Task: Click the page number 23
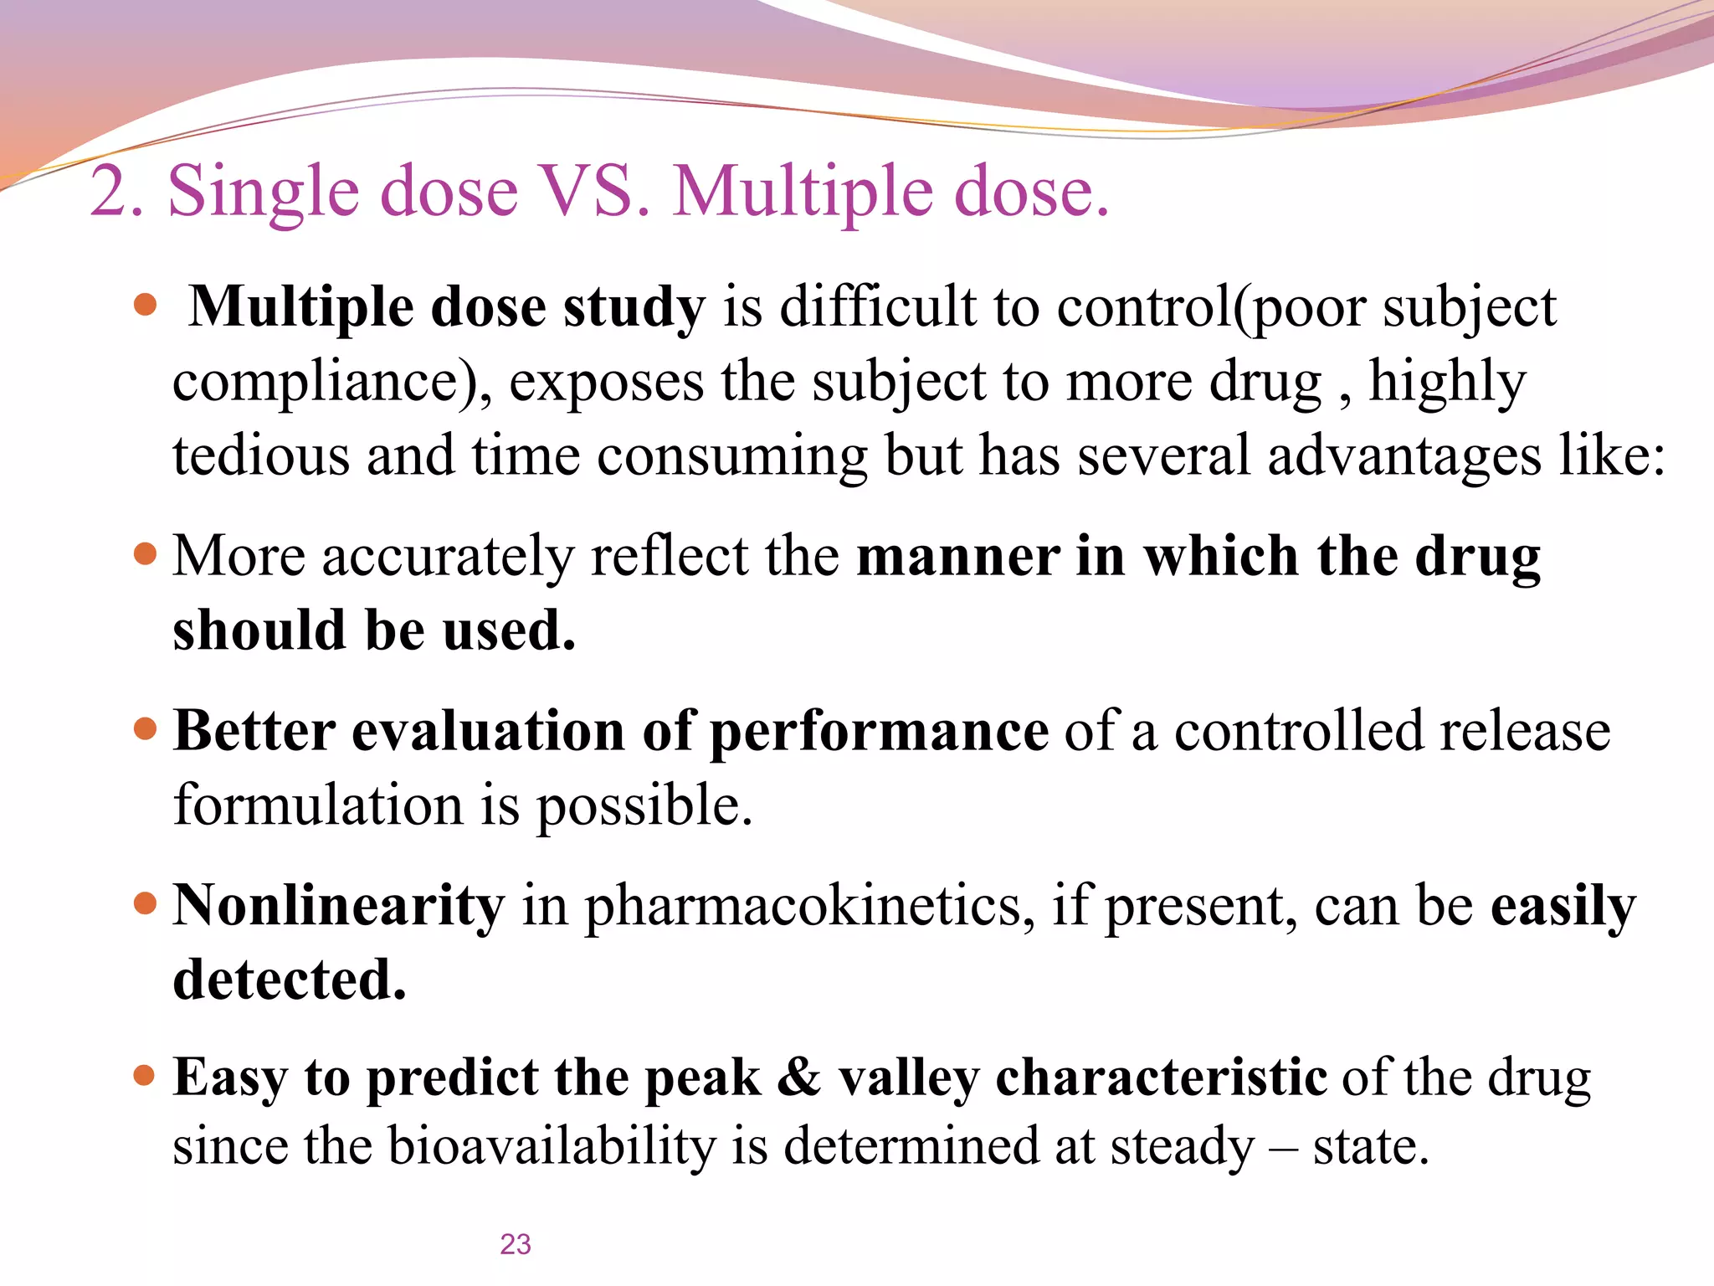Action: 516,1244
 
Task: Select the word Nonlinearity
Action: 339,905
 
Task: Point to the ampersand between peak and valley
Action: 798,1078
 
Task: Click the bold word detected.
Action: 290,980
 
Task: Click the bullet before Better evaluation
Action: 146,729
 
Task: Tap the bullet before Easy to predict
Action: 146,1076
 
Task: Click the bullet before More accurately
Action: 146,554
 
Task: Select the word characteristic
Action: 1161,1078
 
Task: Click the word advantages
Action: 1404,457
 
